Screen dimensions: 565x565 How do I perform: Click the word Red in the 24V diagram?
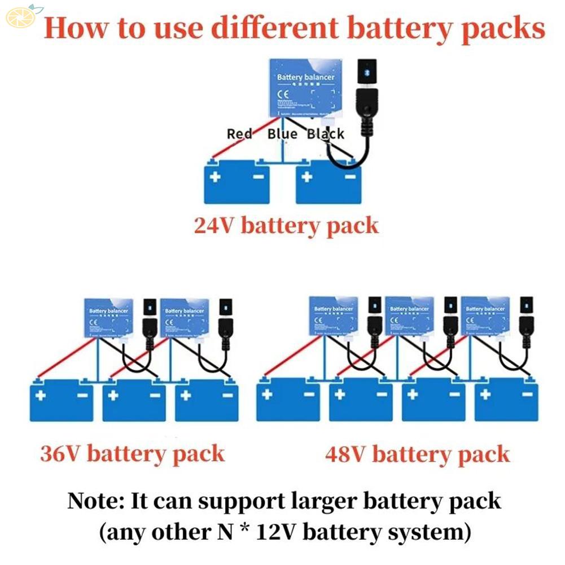(239, 134)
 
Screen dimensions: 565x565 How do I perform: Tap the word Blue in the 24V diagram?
(282, 134)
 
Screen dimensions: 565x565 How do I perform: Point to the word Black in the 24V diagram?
(326, 134)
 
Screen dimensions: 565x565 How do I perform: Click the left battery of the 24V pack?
(237, 182)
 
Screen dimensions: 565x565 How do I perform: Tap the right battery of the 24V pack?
(329, 182)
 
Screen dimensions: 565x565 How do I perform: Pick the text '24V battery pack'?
(286, 226)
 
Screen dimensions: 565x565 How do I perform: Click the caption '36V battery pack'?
(132, 454)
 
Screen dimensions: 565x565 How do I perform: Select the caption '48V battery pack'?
(417, 454)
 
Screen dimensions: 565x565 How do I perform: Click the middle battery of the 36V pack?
(134, 400)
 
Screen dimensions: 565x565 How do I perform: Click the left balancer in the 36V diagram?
(108, 318)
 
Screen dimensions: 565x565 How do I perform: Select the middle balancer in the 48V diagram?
(409, 316)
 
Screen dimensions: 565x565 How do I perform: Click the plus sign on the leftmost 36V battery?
(41, 395)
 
